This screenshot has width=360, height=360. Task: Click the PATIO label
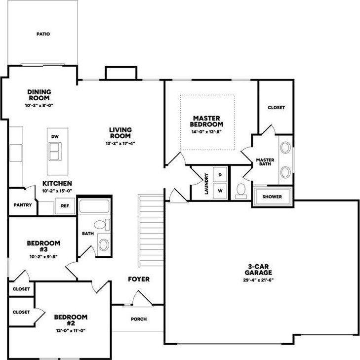(43, 34)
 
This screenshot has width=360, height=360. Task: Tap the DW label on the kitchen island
(54, 136)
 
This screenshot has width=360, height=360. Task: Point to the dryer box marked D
(220, 175)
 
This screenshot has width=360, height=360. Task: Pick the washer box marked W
(220, 190)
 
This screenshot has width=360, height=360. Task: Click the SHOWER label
(272, 197)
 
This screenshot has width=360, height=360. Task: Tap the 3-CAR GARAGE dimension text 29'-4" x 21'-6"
(259, 280)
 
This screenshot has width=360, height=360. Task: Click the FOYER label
(139, 279)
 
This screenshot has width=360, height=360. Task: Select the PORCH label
(139, 319)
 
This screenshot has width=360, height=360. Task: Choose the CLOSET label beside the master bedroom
(276, 107)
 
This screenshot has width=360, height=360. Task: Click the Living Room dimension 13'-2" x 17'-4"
(120, 143)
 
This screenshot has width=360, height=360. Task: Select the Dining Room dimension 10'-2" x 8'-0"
(40, 105)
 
